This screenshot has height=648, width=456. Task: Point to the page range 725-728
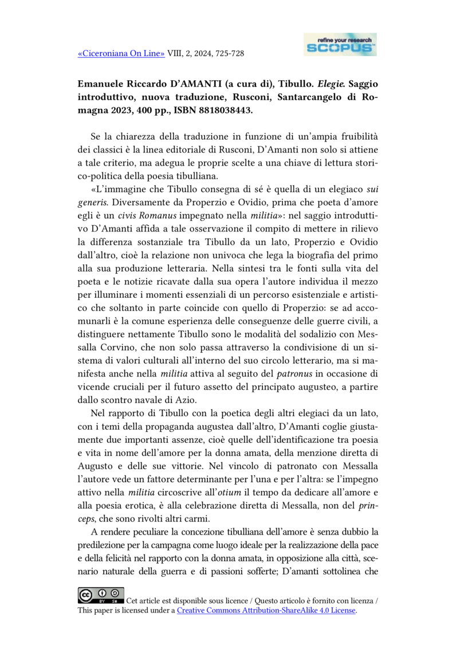click(229, 53)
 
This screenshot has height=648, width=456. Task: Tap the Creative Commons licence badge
click(100, 596)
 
